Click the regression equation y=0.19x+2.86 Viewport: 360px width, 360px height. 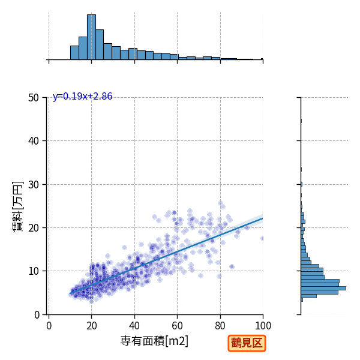(x=82, y=97)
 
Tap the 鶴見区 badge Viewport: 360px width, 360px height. (x=247, y=343)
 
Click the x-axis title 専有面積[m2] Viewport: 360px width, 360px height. (x=154, y=341)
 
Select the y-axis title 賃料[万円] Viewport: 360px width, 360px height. (x=17, y=206)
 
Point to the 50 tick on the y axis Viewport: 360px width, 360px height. (x=34, y=98)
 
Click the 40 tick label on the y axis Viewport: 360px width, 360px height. (x=34, y=141)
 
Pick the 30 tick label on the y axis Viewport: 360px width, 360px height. (x=34, y=184)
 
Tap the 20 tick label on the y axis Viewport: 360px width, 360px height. (x=34, y=228)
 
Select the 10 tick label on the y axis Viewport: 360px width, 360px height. (x=34, y=271)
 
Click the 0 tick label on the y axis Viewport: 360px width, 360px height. (x=37, y=315)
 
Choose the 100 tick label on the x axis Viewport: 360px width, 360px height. (x=263, y=326)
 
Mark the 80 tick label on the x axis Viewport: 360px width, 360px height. (x=220, y=326)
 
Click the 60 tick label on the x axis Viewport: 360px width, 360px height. (x=177, y=326)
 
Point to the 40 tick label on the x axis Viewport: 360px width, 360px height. (x=134, y=326)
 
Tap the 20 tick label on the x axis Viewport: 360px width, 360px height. (x=91, y=326)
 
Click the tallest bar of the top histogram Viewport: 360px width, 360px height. (x=91, y=37)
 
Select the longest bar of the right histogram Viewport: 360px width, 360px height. (x=323, y=289)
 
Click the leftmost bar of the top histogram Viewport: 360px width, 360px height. (x=74, y=53)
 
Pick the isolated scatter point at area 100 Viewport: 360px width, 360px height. (x=262, y=239)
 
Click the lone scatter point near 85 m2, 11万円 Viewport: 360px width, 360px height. (x=232, y=266)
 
